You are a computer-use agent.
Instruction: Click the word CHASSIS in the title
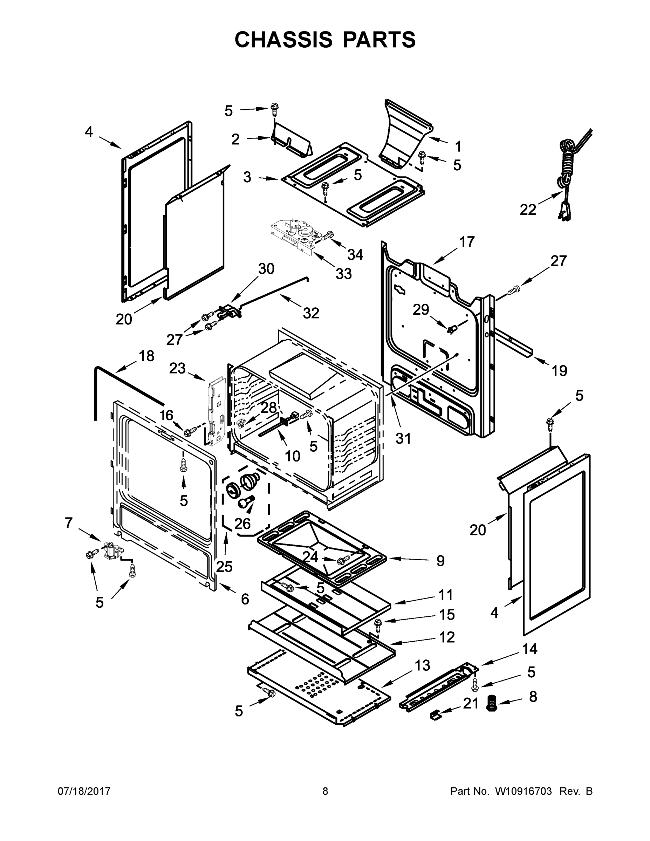283,40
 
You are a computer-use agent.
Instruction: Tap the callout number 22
528,210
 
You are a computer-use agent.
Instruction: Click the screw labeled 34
328,236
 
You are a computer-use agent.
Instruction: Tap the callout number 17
467,242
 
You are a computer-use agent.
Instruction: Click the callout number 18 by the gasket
146,356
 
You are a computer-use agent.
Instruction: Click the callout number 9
440,561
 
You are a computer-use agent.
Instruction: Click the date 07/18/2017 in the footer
84,791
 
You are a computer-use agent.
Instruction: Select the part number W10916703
523,791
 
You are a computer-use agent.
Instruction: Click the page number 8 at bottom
325,791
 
